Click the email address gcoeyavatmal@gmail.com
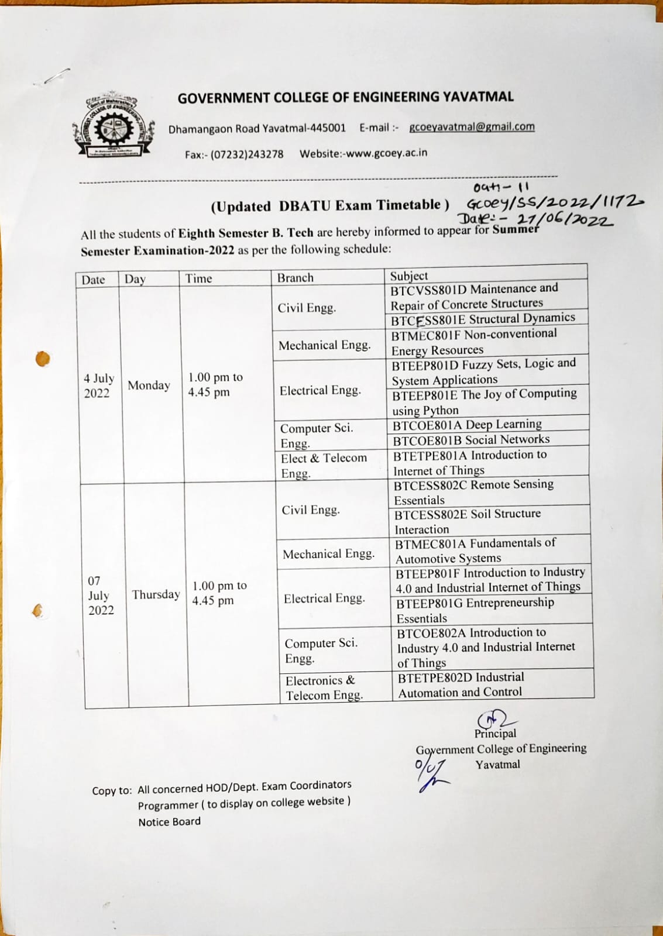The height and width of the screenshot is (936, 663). pyautogui.click(x=472, y=127)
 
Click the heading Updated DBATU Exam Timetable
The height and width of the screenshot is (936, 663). pyautogui.click(x=330, y=205)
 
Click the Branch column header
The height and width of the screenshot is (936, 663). pyautogui.click(x=296, y=278)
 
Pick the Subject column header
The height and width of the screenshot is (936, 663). pyautogui.click(x=409, y=276)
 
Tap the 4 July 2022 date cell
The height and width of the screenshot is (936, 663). pyautogui.click(x=98, y=386)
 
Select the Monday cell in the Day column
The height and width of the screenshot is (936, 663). pyautogui.click(x=149, y=385)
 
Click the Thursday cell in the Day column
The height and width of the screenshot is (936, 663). pyautogui.click(x=156, y=594)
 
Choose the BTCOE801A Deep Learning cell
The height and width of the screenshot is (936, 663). pyautogui.click(x=467, y=424)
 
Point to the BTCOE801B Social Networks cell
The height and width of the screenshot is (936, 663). pyautogui.click(x=471, y=440)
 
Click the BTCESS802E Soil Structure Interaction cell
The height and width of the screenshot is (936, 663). pyautogui.click(x=467, y=521)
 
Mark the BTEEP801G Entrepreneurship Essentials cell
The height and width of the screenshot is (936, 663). pyautogui.click(x=475, y=610)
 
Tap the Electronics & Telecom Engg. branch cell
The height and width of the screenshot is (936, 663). pyautogui.click(x=324, y=688)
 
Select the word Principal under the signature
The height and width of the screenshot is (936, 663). pyautogui.click(x=495, y=734)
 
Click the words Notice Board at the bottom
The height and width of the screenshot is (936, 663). pyautogui.click(x=169, y=822)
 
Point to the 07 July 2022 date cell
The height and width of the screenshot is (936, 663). pyautogui.click(x=101, y=596)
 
